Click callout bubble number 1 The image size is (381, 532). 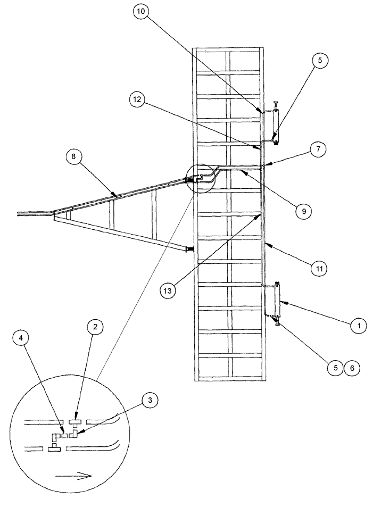(x=359, y=324)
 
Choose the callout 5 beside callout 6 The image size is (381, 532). (x=335, y=367)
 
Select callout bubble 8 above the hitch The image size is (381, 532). (x=73, y=156)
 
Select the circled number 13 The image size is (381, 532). (x=169, y=291)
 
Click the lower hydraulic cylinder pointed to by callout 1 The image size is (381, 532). (x=277, y=301)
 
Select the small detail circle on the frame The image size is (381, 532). (x=198, y=177)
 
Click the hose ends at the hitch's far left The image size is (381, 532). (x=24, y=213)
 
